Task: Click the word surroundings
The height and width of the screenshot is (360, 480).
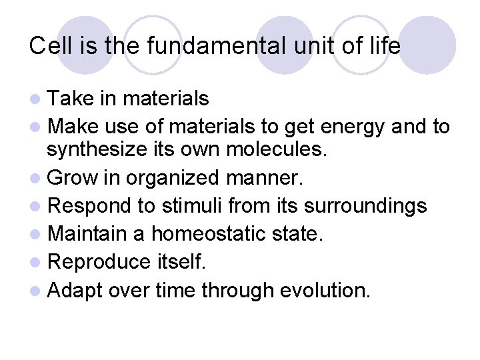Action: pyautogui.click(x=354, y=207)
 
